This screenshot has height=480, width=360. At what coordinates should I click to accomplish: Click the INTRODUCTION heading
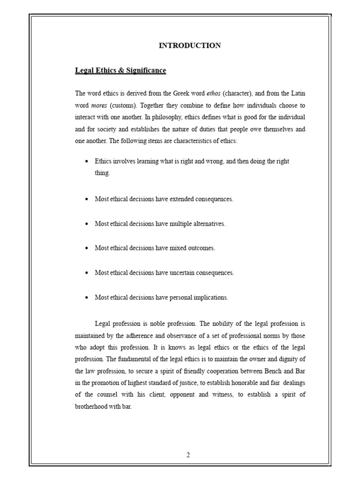pyautogui.click(x=190, y=45)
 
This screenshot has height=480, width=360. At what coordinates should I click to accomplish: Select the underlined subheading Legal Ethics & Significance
pyautogui.click(x=120, y=70)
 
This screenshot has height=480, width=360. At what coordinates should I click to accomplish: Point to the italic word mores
pyautogui.click(x=99, y=105)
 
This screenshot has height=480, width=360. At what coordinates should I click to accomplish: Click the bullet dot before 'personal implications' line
pyautogui.click(x=87, y=297)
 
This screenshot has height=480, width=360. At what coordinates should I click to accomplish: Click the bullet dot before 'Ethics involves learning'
pyautogui.click(x=87, y=161)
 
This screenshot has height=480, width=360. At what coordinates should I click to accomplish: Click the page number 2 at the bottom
pyautogui.click(x=188, y=455)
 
